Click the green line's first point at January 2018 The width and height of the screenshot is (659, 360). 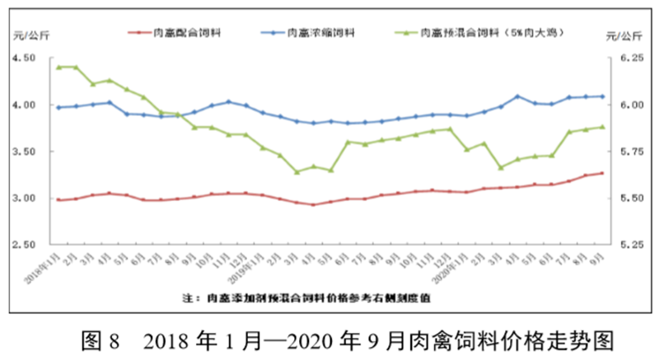58,67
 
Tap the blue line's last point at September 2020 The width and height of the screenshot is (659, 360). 602,96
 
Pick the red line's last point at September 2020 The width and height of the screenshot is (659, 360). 602,173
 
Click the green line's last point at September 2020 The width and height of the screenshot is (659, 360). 602,127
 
